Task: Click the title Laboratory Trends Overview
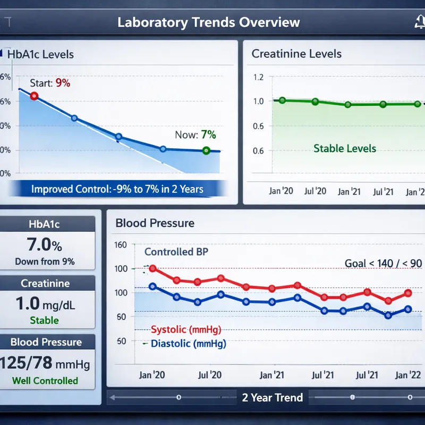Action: tap(208, 23)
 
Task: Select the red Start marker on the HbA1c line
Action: tap(34, 96)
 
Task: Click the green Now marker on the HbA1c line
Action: tap(206, 151)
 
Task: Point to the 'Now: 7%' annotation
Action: tap(195, 135)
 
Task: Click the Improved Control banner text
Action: tap(117, 189)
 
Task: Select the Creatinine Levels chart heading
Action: tap(296, 54)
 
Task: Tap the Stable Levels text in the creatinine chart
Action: tap(344, 148)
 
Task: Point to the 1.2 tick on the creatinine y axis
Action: tap(258, 77)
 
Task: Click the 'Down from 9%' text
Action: tap(45, 261)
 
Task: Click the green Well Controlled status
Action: tap(45, 380)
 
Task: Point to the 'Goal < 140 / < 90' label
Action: tap(382, 263)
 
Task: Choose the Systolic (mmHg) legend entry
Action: tap(186, 329)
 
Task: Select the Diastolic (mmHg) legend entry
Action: tap(188, 344)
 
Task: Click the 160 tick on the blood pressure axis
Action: tap(121, 245)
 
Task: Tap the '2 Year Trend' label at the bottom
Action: tap(272, 397)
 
